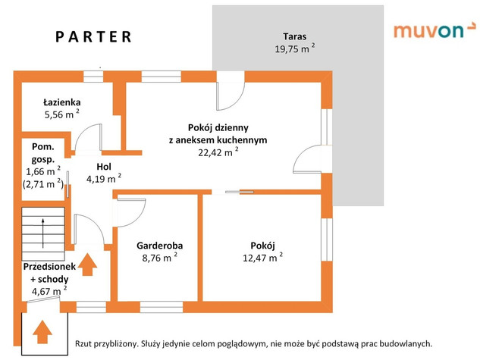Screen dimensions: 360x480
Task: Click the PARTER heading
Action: (x=94, y=36)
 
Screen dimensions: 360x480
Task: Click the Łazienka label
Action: (x=62, y=102)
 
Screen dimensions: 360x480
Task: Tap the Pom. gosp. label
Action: (x=42, y=153)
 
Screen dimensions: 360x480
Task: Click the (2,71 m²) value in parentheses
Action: (x=43, y=183)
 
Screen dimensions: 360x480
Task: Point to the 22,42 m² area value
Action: (x=218, y=152)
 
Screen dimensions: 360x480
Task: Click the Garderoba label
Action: (x=159, y=246)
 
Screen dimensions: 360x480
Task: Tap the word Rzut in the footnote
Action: (x=86, y=343)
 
